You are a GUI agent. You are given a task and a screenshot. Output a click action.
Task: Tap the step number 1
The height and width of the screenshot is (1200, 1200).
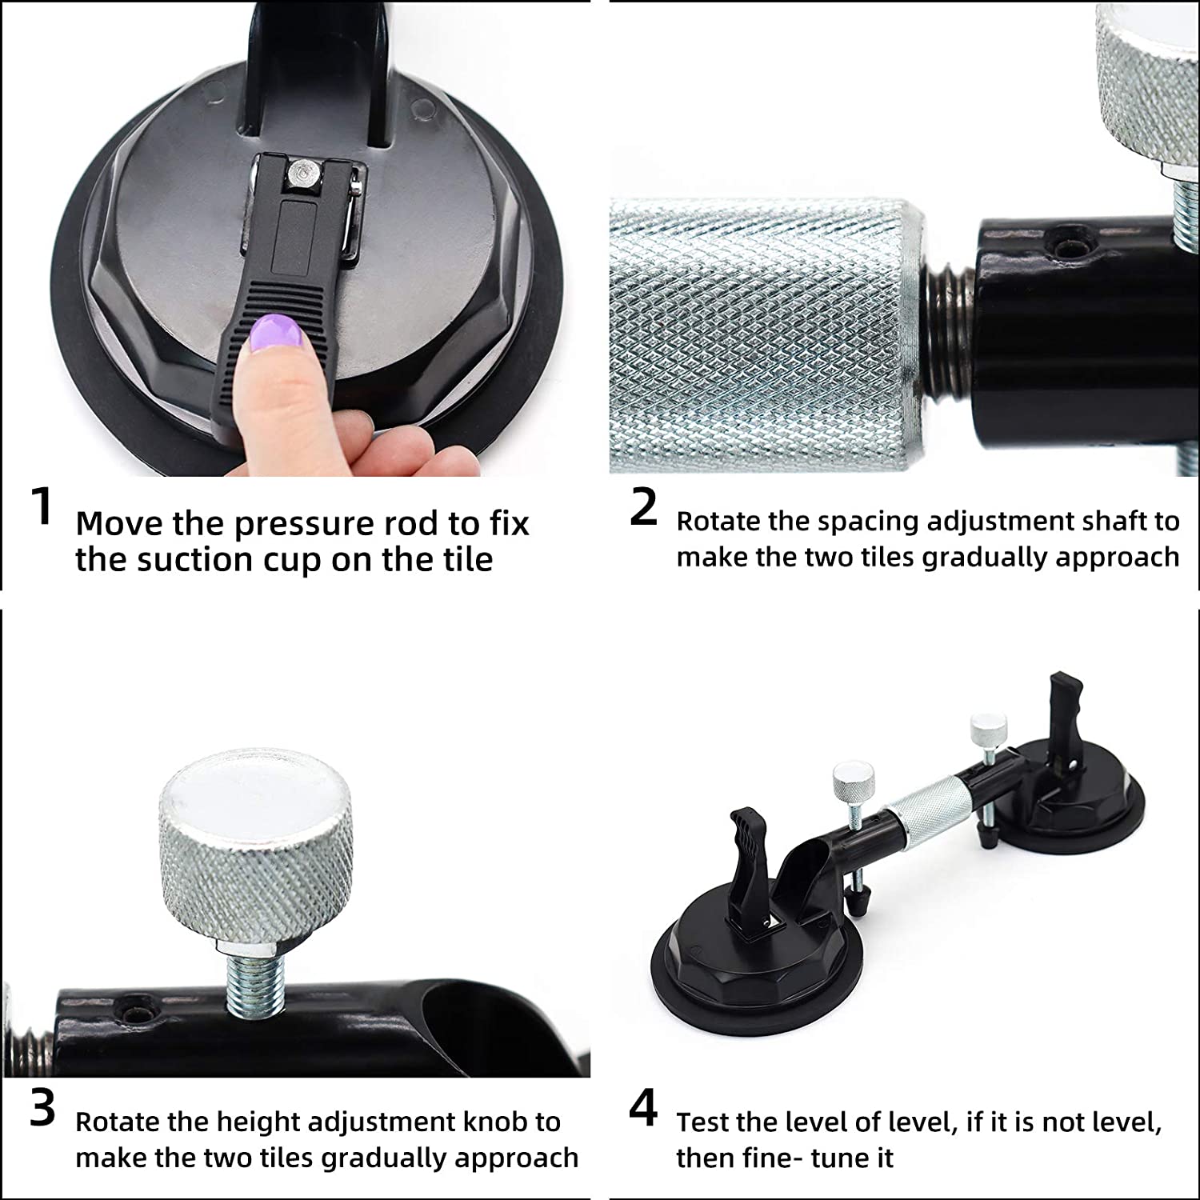(x=42, y=507)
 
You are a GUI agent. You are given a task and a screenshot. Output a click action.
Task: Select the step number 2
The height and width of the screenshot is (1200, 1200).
(x=643, y=507)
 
